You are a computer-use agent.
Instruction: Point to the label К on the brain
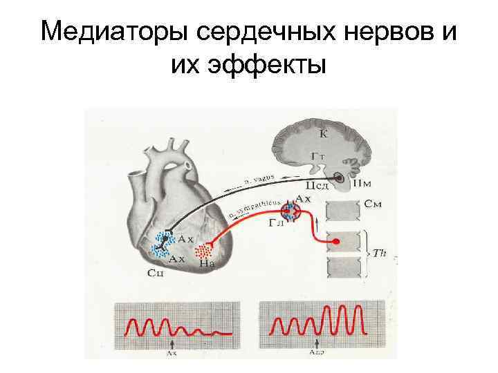(x=323, y=133)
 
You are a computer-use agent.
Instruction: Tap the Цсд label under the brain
(x=313, y=186)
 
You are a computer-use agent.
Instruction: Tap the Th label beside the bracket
(x=379, y=254)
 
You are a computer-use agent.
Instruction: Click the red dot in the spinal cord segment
(x=336, y=242)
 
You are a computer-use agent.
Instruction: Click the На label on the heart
(x=205, y=262)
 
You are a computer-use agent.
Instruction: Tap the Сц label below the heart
(x=155, y=274)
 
